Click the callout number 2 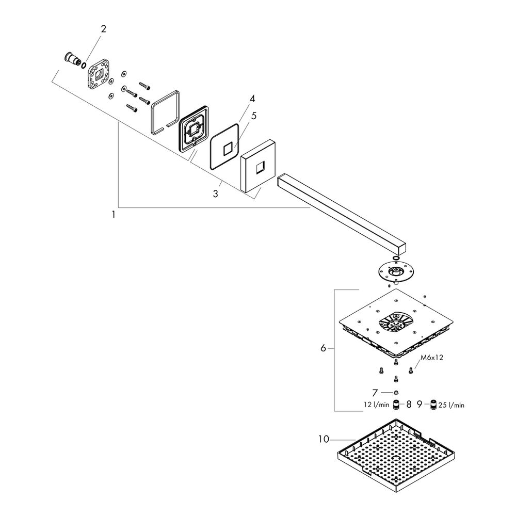(x=103, y=29)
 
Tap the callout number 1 (x=114, y=215)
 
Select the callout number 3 (x=216, y=194)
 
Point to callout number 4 (x=252, y=99)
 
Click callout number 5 (x=253, y=116)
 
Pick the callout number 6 (x=323, y=348)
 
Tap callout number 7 (x=375, y=393)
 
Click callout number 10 (x=324, y=439)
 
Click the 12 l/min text (x=377, y=405)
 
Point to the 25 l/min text (x=451, y=405)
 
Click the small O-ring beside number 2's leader (x=84, y=65)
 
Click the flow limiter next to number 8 (x=396, y=405)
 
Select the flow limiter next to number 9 (x=433, y=405)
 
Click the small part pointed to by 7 (x=396, y=392)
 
